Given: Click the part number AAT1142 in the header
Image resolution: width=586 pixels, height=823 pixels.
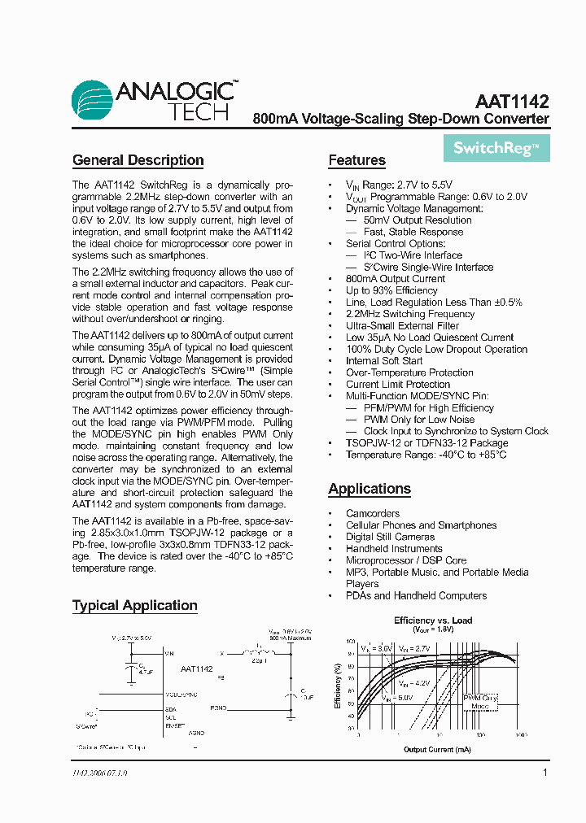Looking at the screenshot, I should [512, 102].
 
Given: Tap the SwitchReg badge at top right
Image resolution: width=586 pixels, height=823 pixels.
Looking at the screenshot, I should [496, 148].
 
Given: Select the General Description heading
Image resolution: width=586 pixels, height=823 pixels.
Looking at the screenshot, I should [138, 160].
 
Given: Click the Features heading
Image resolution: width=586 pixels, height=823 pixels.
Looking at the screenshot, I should [356, 160].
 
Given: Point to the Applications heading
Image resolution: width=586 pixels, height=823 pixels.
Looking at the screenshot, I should [369, 489].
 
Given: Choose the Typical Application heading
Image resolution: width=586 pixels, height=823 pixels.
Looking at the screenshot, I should [134, 605].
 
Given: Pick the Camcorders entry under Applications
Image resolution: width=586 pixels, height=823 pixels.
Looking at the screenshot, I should [373, 513].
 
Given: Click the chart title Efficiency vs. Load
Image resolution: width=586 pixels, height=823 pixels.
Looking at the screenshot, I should [433, 621].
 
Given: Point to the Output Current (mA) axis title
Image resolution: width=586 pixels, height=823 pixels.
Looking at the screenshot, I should [438, 749].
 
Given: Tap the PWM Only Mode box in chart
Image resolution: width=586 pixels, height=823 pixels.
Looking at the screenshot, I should [480, 702].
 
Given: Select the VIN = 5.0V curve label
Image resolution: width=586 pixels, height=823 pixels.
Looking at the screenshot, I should [397, 697].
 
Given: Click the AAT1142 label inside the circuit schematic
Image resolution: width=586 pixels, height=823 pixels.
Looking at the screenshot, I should [196, 668].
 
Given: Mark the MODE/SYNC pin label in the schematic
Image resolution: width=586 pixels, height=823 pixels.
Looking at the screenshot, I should [181, 695].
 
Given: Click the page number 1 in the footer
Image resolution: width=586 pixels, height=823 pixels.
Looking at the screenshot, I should [545, 773].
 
